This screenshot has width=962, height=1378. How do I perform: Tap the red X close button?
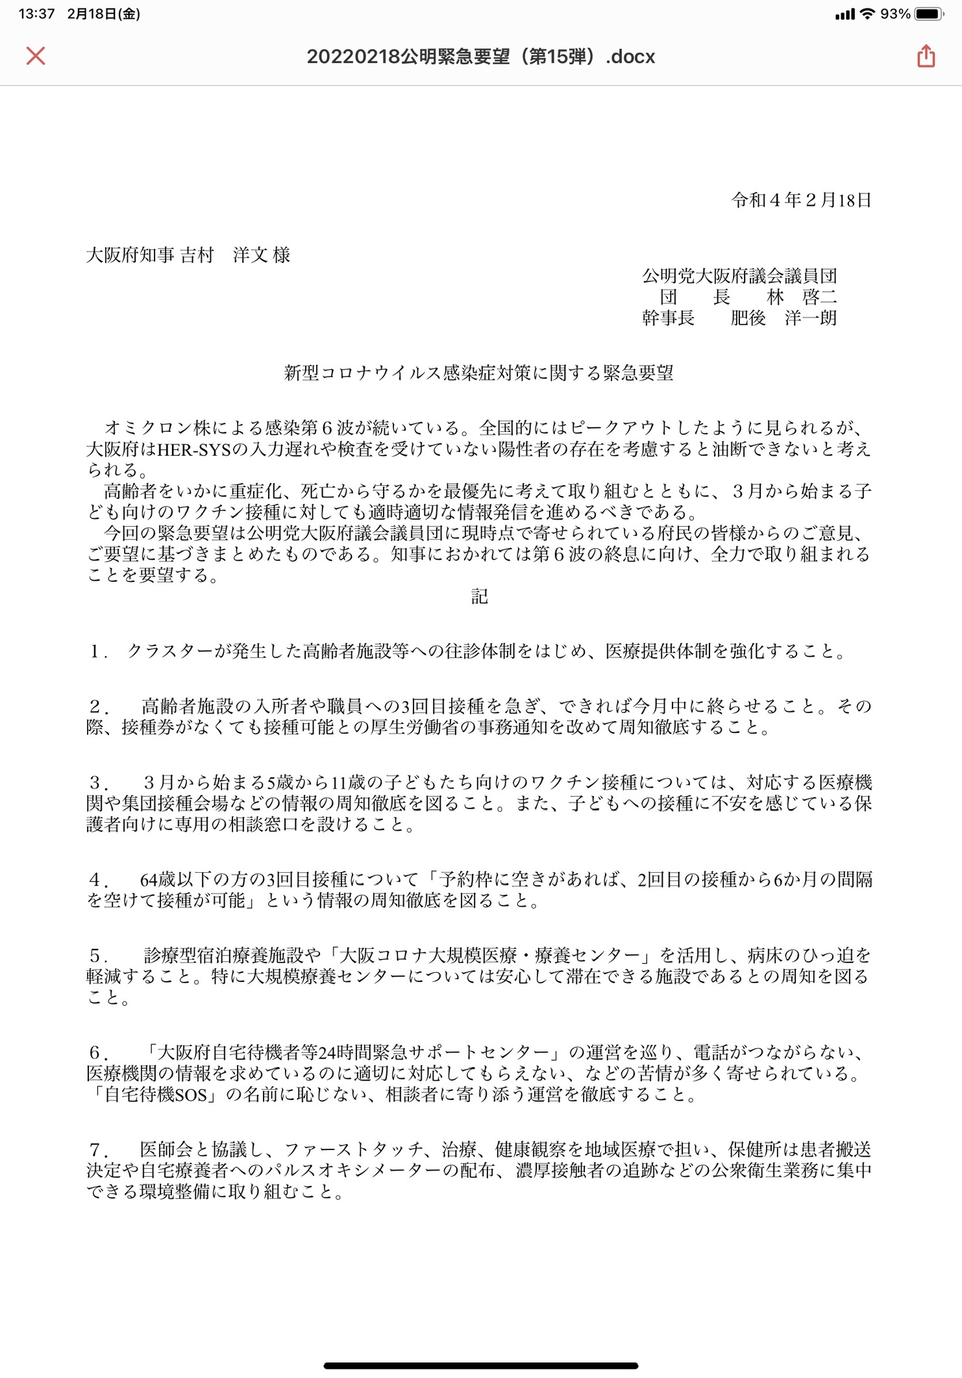point(36,56)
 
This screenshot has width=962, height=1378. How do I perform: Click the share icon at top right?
point(926,56)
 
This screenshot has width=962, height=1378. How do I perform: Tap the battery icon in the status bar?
point(928,14)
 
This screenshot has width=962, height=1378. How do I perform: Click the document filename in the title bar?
point(480,56)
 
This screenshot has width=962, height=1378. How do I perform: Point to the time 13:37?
point(36,14)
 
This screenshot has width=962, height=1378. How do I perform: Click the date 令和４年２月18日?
point(801,200)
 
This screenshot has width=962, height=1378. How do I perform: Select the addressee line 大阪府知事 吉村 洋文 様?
point(188,255)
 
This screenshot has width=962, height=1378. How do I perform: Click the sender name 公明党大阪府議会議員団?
point(739,276)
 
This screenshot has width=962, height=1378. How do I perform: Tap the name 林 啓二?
point(802,297)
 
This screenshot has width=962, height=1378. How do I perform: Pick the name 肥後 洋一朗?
point(783,318)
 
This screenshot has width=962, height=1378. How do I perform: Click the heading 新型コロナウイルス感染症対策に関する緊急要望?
point(479,373)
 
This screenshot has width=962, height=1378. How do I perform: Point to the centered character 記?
point(480,597)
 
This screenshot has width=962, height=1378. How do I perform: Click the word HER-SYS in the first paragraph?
point(194,449)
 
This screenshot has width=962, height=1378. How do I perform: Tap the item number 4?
point(97,880)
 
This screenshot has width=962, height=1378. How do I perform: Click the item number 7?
point(97,1150)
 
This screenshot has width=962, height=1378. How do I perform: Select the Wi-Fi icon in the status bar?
point(867,14)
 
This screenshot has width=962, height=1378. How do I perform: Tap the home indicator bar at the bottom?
point(480,1366)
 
